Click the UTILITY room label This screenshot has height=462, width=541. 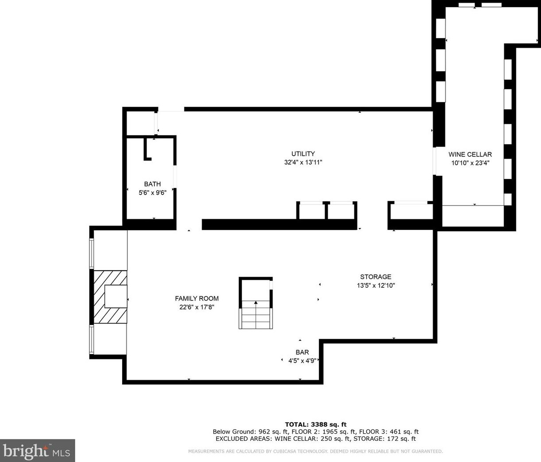(303, 153)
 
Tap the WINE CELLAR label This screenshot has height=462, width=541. (470, 154)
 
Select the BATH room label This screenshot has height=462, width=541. (152, 184)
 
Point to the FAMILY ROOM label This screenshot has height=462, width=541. (196, 298)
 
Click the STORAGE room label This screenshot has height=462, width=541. (376, 276)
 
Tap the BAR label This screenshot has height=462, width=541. (302, 352)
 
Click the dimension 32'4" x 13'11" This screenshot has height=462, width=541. (303, 162)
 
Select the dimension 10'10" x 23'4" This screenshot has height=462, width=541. (470, 163)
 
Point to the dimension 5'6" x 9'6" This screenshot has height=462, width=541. (152, 193)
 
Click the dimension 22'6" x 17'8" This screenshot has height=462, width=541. (196, 307)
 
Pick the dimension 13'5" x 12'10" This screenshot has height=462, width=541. (376, 286)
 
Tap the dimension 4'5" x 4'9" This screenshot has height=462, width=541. (302, 361)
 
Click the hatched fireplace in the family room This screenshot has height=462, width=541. (110, 297)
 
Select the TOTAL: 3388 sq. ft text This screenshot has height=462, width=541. (315, 424)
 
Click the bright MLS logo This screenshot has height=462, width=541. (38, 451)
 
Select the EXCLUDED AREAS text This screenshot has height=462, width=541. (242, 439)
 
